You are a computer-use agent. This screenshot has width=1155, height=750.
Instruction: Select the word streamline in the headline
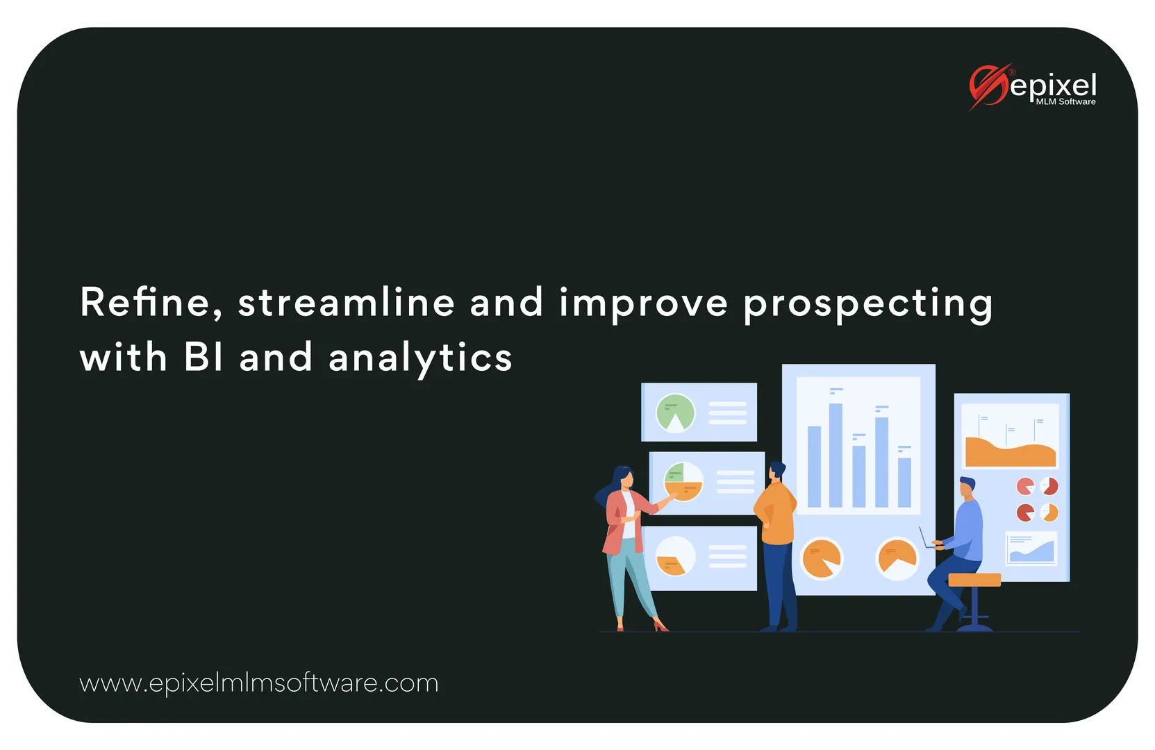click(x=346, y=302)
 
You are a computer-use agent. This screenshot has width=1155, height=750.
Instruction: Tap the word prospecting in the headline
click(x=867, y=305)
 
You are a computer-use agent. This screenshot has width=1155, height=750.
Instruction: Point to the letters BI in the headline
click(x=203, y=357)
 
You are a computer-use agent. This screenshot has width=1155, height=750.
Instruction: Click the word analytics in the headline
click(x=420, y=359)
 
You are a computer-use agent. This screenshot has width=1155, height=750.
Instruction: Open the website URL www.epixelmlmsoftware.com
click(x=258, y=683)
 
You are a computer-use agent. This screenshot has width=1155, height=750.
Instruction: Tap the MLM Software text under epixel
click(x=1066, y=102)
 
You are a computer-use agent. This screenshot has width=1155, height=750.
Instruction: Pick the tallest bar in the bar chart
click(x=836, y=455)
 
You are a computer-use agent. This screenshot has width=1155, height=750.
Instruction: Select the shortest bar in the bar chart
click(x=904, y=483)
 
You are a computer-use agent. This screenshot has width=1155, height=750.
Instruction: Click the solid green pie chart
click(x=675, y=412)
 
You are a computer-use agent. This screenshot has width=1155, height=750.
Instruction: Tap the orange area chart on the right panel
click(x=1010, y=452)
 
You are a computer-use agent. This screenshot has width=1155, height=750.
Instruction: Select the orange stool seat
click(x=974, y=580)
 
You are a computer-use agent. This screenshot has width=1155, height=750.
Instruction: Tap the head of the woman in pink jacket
click(x=623, y=478)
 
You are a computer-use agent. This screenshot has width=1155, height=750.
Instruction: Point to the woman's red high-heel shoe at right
click(x=660, y=626)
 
